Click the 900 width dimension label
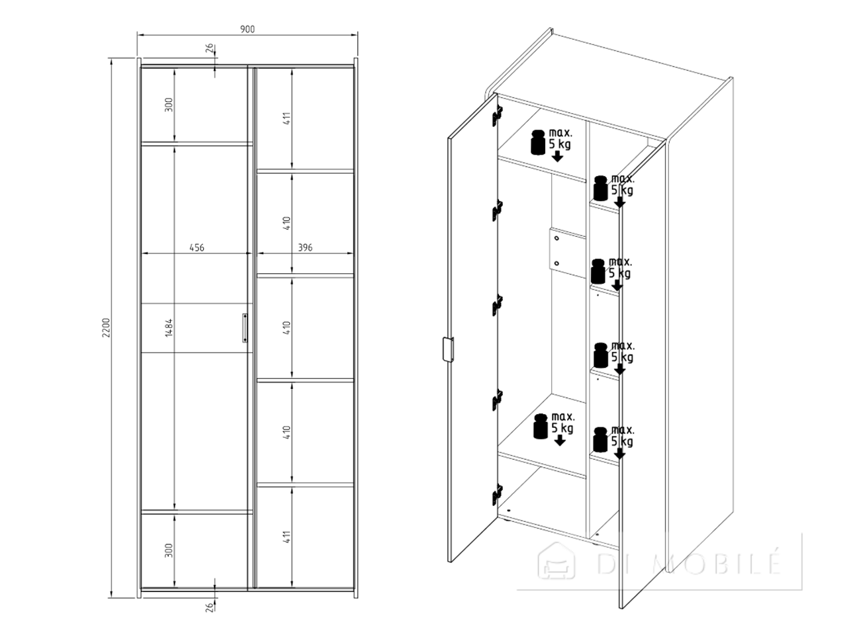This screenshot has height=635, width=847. click(247, 29)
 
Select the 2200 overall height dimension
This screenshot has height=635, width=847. click(106, 327)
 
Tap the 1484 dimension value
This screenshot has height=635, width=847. click(169, 327)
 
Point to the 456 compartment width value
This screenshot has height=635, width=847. click(197, 247)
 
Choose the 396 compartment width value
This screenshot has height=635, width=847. click(305, 247)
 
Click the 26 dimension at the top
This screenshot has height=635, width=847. click(209, 48)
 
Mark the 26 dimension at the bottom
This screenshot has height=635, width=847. click(209, 608)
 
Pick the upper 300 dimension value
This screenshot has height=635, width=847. click(169, 105)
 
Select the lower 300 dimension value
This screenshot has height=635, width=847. click(169, 550)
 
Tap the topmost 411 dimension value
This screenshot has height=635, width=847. click(287, 118)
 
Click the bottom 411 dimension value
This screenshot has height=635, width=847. click(287, 537)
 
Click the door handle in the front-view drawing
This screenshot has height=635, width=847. click(245, 327)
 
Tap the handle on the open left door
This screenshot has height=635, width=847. click(448, 349)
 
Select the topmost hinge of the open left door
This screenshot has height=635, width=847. click(498, 116)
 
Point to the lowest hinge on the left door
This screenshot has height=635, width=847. click(498, 495)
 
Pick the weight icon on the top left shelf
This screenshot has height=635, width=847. click(538, 142)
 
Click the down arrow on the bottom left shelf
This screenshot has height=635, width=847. click(560, 441)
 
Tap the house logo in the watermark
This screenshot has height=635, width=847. click(556, 561)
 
